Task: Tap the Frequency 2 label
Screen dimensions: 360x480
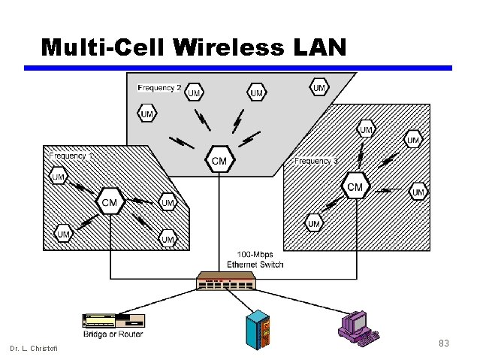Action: (x=158, y=88)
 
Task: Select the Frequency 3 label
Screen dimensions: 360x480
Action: (x=316, y=161)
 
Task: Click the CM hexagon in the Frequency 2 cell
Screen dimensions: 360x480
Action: (x=220, y=160)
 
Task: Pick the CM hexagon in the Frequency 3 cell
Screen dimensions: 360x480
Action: (x=355, y=186)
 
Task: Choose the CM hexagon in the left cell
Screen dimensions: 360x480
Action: (x=110, y=201)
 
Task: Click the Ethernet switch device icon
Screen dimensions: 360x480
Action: (x=226, y=281)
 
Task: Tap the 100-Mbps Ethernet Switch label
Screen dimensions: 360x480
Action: (x=255, y=259)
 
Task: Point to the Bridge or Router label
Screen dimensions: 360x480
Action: (x=113, y=334)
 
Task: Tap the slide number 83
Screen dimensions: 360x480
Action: (x=443, y=343)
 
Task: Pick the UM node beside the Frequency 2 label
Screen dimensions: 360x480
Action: (x=194, y=92)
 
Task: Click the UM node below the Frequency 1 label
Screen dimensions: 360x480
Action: (x=59, y=177)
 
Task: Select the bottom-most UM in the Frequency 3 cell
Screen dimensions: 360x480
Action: (x=314, y=223)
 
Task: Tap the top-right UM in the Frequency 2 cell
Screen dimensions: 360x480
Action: (x=319, y=88)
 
